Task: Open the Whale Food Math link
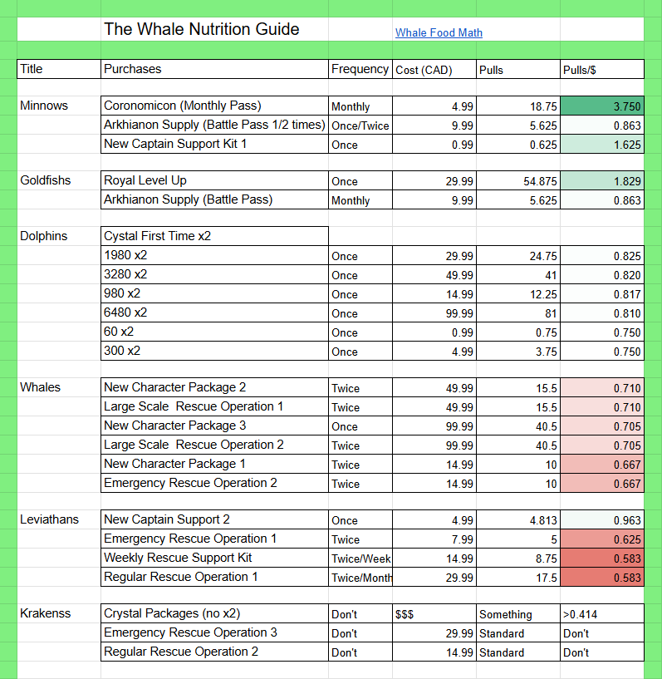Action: [439, 33]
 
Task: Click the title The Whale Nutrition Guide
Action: [202, 29]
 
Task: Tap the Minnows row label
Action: [44, 106]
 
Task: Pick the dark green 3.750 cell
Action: [602, 106]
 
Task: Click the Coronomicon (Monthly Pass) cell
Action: [214, 106]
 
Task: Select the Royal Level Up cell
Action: [214, 180]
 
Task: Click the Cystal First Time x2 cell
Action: [214, 236]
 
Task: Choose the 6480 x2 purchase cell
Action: [214, 312]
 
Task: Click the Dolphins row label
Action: [44, 236]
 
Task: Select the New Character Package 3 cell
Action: [214, 426]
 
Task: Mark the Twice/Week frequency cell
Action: [360, 558]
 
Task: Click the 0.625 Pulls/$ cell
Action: [602, 539]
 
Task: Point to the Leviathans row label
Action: [49, 519]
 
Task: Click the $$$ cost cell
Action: [434, 614]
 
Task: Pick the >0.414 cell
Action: [602, 614]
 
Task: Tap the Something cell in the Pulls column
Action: [518, 614]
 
